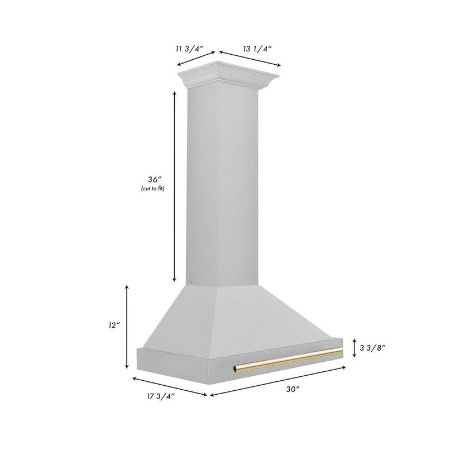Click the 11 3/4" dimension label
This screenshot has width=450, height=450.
(186, 49)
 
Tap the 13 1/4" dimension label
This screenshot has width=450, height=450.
(257, 49)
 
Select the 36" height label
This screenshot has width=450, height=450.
(154, 179)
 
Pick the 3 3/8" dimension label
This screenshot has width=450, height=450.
(372, 347)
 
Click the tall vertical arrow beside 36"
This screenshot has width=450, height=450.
(175, 186)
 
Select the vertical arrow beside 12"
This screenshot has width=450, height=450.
(127, 327)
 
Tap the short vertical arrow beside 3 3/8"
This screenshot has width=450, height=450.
(355, 347)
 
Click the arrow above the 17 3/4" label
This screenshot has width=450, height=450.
(170, 386)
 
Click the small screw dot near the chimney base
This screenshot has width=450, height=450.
(191, 283)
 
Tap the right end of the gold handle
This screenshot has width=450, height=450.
(341, 350)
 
